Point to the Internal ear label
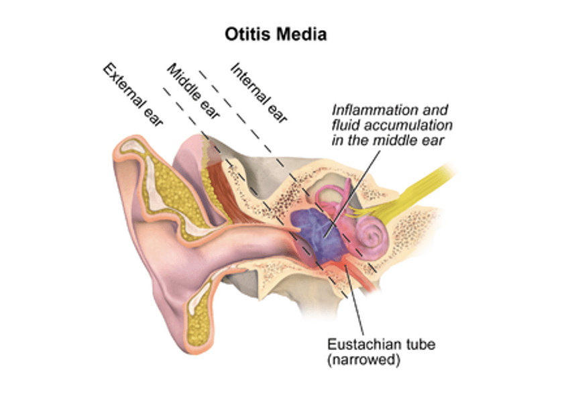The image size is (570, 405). point(258,93)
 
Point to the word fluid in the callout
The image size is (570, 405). point(345,125)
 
